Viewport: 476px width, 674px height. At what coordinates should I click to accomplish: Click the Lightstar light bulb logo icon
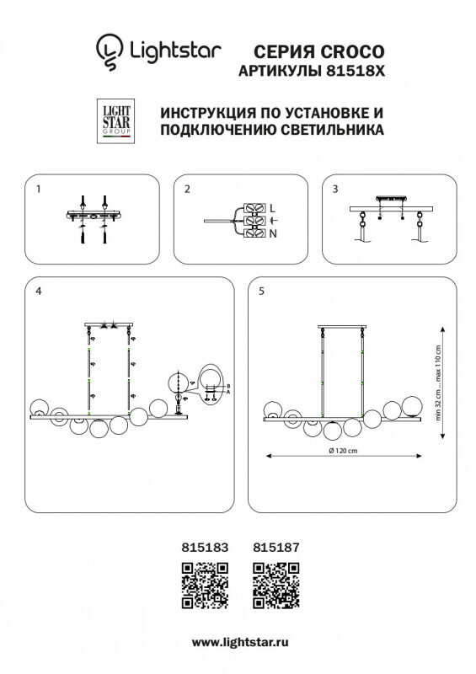[x=108, y=52]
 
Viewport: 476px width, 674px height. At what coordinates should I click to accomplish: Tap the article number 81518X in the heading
[x=352, y=72]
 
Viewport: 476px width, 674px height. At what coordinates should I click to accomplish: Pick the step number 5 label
[x=262, y=292]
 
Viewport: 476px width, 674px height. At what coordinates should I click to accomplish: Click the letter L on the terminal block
[x=271, y=207]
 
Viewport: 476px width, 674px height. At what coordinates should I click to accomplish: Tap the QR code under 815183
[x=205, y=585]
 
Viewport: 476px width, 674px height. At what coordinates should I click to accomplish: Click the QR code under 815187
[x=276, y=585]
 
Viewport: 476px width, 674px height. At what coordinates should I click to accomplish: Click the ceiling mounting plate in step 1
[x=93, y=216]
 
